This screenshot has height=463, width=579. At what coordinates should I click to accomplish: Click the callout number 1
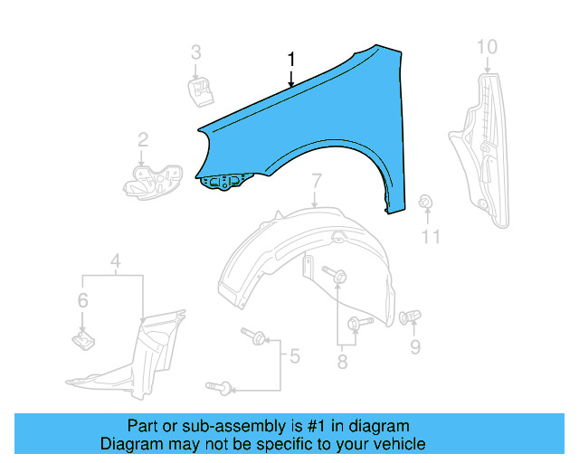tap(291, 60)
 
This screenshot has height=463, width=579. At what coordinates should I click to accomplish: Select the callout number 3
tap(195, 52)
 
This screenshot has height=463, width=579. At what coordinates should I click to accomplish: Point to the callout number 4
tap(115, 263)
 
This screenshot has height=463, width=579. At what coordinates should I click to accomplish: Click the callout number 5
tap(293, 356)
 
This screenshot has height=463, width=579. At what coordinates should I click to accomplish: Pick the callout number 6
tap(82, 300)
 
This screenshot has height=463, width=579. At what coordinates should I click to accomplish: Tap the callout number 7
tap(316, 184)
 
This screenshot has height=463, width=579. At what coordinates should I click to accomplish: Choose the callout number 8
tap(342, 364)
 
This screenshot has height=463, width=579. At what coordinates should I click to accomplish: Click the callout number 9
tap(415, 346)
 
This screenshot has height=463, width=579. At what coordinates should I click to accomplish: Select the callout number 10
tap(487, 46)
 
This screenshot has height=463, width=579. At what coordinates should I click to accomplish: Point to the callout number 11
tap(431, 237)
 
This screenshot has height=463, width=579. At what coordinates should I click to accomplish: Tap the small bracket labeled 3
tap(199, 90)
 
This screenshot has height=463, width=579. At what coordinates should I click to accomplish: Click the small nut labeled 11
tap(425, 202)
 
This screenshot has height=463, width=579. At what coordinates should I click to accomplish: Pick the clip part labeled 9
tap(411, 317)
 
